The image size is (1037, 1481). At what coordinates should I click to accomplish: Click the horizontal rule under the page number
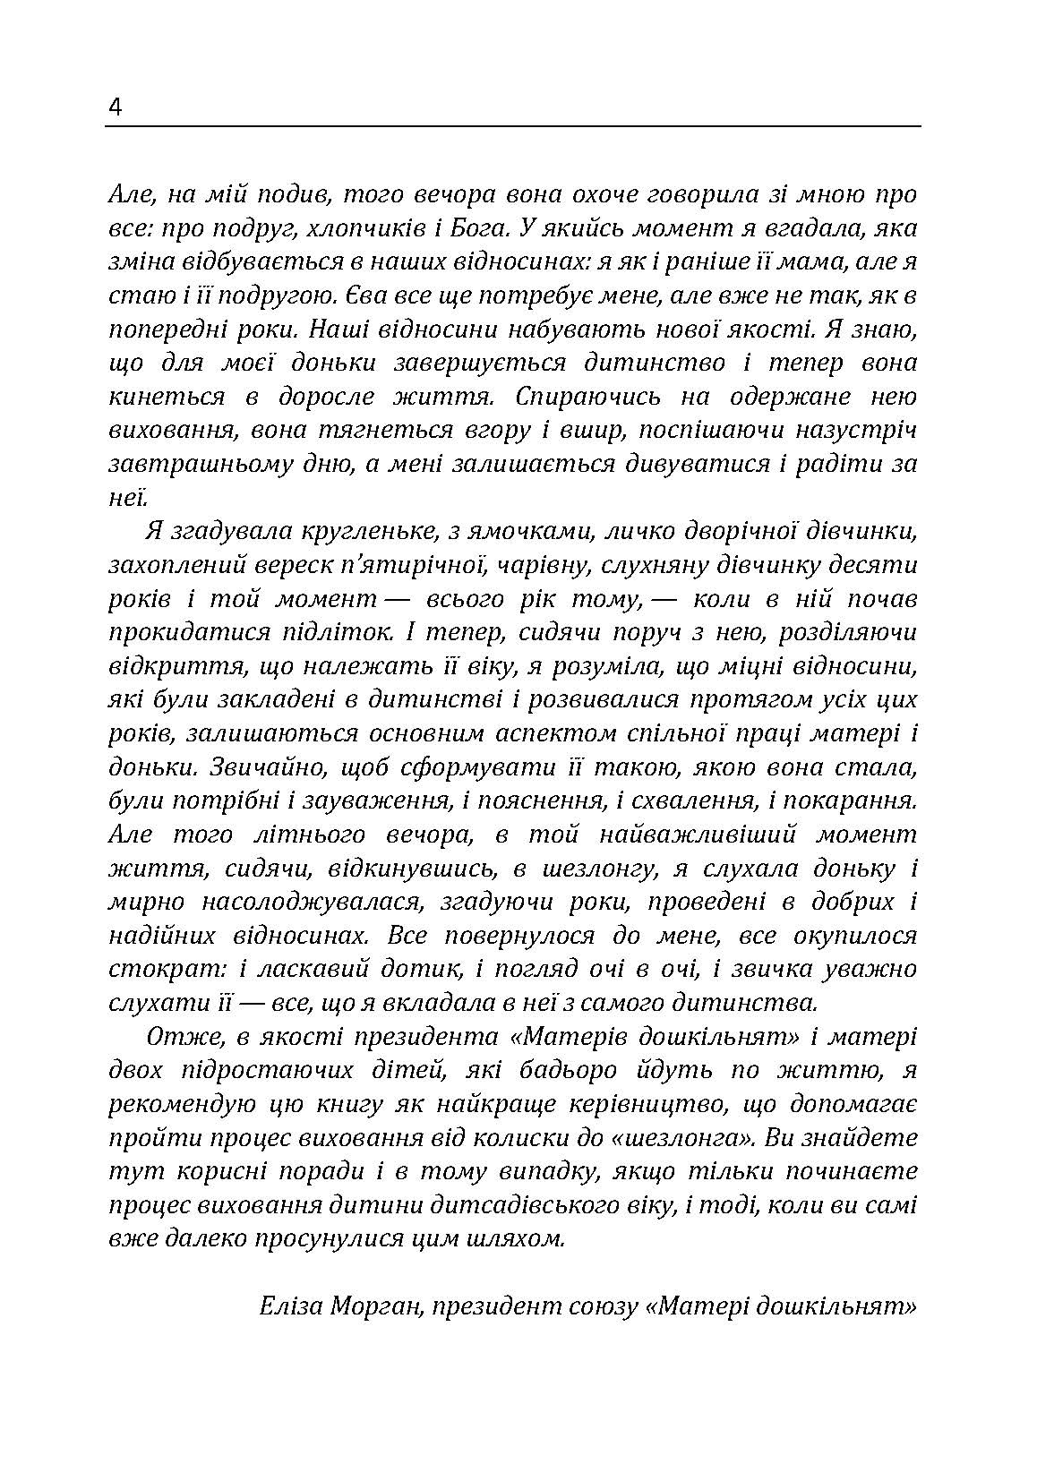pos(512,126)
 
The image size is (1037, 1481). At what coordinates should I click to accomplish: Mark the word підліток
pos(339,633)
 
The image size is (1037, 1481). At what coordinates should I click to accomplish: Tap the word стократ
pos(158,970)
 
